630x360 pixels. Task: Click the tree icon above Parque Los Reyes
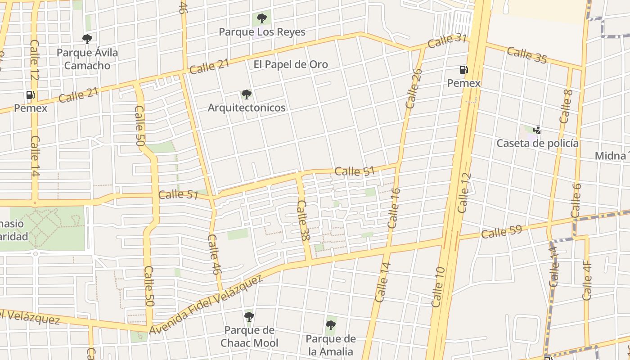click(261, 18)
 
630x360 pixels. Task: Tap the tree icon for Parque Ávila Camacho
click(87, 39)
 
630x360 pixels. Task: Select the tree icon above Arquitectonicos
click(246, 94)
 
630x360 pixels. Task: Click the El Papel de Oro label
click(291, 64)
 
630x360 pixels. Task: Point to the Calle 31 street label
click(447, 41)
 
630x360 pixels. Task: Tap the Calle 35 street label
click(527, 55)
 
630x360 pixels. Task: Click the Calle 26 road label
click(414, 89)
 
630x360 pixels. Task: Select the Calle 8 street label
click(566, 107)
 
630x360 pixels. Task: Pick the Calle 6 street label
click(576, 201)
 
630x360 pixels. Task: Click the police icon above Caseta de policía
click(537, 130)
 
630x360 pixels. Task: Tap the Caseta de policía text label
click(537, 144)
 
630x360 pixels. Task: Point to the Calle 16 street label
click(393, 208)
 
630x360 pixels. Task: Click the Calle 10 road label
click(438, 287)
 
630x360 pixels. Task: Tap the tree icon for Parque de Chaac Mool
click(249, 317)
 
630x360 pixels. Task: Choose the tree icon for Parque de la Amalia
click(331, 325)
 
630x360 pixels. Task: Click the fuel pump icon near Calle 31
click(463, 70)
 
